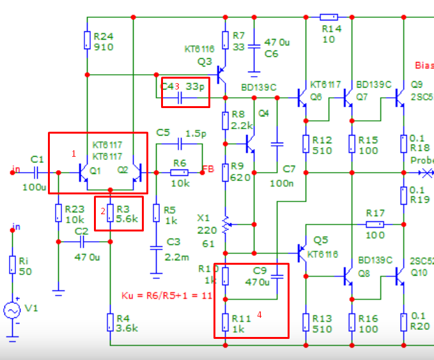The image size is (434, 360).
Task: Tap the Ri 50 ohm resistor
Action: pos(12,264)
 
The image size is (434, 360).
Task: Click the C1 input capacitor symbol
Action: pos(36,173)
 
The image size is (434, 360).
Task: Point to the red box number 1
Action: pos(74,153)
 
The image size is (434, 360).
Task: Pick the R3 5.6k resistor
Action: pos(110,213)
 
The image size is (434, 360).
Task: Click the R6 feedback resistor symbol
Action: pos(179,173)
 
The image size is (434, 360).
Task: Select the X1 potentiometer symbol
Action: pos(226,224)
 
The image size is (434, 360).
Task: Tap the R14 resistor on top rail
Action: pos(329,17)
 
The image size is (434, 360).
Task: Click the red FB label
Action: pos(208,169)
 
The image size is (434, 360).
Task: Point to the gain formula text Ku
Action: pos(166,295)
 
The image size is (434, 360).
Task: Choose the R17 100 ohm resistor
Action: pos(375,224)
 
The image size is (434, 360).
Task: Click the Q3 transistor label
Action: pos(205,61)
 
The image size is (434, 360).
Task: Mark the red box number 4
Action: pos(260,314)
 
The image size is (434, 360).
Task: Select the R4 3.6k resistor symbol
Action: pos(110,322)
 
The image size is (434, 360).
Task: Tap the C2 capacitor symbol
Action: pos(82,242)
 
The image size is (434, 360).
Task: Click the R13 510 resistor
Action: pos(306,322)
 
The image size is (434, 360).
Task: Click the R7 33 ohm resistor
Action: pos(226,40)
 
